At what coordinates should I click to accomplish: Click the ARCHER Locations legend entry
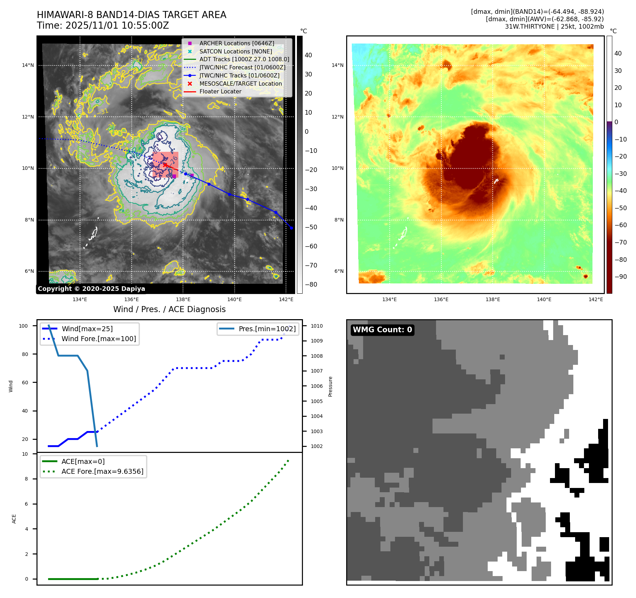236,43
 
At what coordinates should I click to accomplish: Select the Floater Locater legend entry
220,91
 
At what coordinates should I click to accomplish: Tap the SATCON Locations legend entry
235,51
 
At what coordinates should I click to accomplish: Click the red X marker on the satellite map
165,165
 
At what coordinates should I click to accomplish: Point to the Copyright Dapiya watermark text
91,289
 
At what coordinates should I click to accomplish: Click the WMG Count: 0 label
382,330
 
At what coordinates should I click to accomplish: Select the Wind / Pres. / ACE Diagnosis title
169,309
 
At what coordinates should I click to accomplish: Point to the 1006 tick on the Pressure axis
316,386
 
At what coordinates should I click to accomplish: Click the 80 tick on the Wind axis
25,354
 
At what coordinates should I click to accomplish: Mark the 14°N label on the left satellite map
28,65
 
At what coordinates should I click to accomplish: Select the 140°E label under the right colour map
544,299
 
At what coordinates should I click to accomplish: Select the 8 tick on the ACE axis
26,479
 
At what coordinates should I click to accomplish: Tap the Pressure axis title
330,386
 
